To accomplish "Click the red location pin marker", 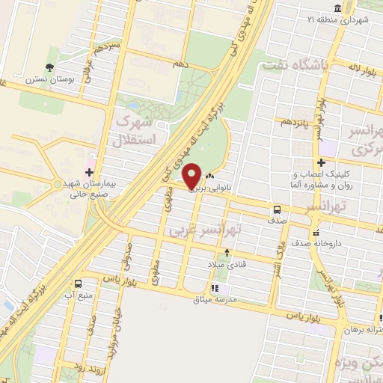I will tap(192, 176).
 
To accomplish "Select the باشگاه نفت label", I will tap(294, 67).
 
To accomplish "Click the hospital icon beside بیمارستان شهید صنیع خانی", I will tap(89, 172).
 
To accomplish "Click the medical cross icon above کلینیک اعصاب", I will tap(321, 162).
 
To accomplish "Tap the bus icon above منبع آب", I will tap(79, 284).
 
